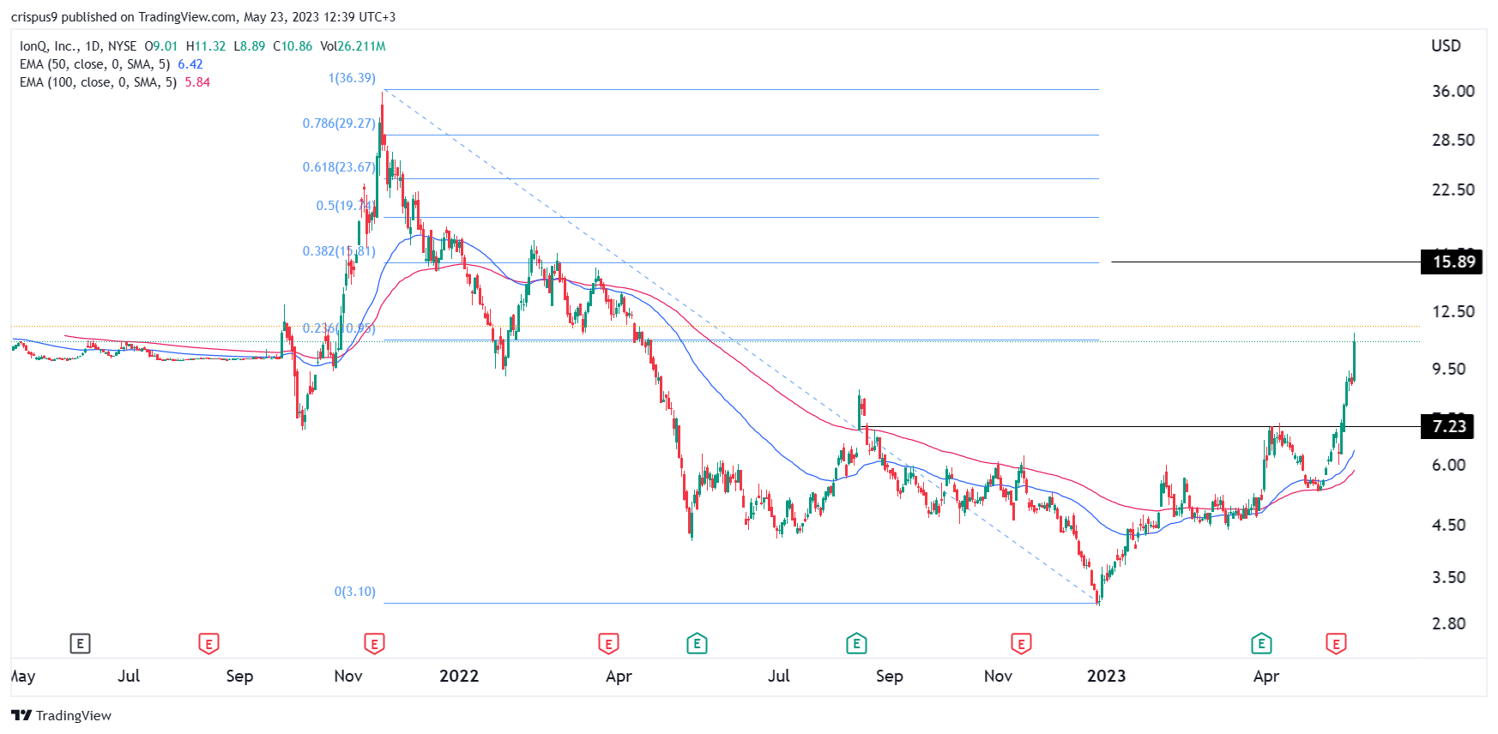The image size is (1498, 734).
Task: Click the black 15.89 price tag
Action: (1452, 262)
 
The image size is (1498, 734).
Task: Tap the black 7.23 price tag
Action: (1447, 426)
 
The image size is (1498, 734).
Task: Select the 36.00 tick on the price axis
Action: (1453, 91)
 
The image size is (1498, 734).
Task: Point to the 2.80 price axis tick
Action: (1448, 623)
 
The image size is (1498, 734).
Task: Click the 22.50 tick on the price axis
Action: (1453, 190)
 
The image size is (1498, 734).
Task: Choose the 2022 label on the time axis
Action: (459, 676)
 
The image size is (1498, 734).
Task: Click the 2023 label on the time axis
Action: (1106, 676)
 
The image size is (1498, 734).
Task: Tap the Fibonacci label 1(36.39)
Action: (352, 78)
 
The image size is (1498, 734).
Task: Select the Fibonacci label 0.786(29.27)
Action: (339, 123)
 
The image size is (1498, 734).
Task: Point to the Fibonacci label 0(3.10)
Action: (355, 592)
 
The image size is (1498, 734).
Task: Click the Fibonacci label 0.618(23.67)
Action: (339, 167)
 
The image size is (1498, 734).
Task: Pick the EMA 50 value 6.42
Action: (190, 64)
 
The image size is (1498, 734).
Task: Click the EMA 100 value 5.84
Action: (197, 82)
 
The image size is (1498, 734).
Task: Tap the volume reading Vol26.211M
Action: (353, 46)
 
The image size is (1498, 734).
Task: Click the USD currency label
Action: (1446, 46)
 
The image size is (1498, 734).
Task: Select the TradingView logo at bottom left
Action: (62, 715)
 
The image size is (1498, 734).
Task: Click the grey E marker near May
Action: (80, 643)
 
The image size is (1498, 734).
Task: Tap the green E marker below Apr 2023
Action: (1261, 643)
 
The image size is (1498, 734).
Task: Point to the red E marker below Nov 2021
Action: (374, 643)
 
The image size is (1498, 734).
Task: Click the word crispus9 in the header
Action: (34, 17)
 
